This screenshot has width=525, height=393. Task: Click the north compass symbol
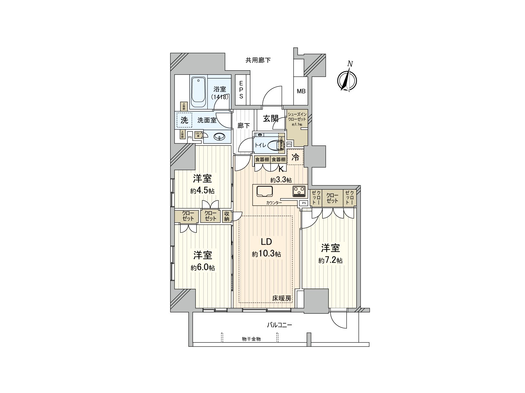[x=347, y=80]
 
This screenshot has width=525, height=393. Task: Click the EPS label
[x=241, y=90]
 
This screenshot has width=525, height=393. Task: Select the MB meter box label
[x=301, y=91]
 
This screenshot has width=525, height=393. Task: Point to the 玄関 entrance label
[x=271, y=118]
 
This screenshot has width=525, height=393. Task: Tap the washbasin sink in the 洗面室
[x=219, y=137]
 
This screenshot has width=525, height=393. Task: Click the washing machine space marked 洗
[x=185, y=120]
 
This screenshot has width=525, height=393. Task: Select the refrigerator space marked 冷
[x=295, y=157]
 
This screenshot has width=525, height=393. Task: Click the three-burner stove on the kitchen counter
[x=299, y=191]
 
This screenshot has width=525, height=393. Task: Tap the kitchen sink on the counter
[x=264, y=191]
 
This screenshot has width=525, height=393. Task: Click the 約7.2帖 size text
[x=330, y=260]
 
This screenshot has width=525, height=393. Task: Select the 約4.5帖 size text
[x=202, y=191]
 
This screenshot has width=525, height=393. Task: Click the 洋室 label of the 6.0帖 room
[x=202, y=255]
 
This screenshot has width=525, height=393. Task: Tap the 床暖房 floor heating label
[x=282, y=298]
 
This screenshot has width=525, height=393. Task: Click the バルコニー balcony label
[x=279, y=325]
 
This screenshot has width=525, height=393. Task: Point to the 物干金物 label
[x=251, y=339]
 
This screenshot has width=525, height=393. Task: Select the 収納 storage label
[x=227, y=216]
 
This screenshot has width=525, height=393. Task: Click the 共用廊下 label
[x=258, y=60]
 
